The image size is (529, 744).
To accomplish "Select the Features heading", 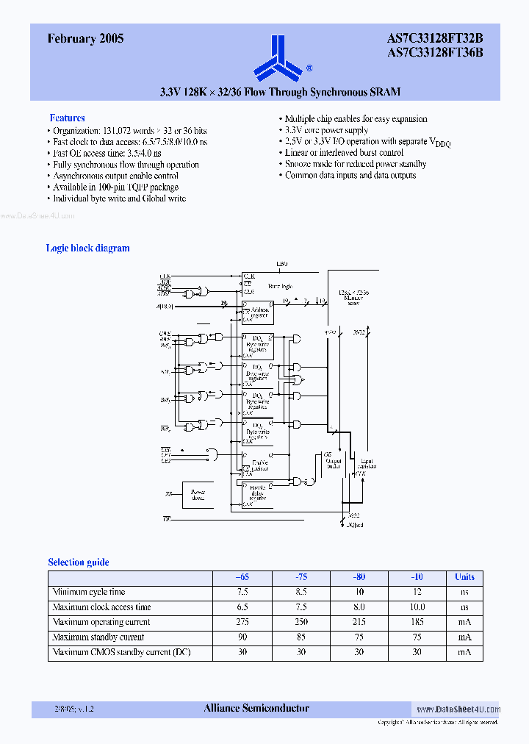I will point(67,118).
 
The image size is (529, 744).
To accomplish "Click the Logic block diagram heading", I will point(87,248).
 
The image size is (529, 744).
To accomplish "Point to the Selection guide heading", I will point(78,562).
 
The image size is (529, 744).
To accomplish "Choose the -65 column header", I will point(242,577).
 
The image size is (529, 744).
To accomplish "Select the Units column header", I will point(464,577).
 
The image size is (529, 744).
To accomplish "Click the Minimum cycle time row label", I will point(89,592).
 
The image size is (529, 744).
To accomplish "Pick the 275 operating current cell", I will point(242,622).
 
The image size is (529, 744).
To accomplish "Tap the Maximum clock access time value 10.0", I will point(417,607).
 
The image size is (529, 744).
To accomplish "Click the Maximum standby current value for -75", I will point(301,637).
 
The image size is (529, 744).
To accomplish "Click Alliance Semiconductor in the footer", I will point(256,709).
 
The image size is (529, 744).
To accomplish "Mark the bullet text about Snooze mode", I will point(356,164).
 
